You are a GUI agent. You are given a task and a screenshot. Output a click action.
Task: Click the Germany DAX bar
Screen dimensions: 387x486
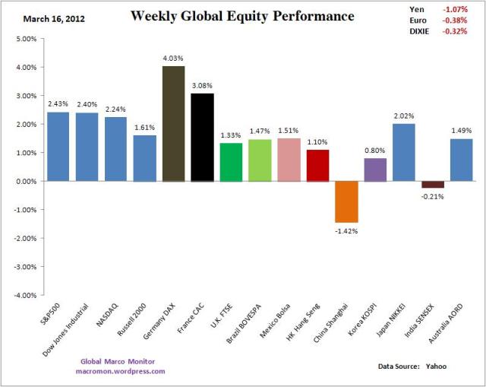click(174, 124)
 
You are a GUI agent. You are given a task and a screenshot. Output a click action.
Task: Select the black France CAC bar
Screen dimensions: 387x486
click(202, 138)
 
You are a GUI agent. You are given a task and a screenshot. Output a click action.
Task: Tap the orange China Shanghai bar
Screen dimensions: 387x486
click(346, 201)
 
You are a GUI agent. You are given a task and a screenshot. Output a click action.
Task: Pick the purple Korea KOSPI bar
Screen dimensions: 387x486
click(374, 170)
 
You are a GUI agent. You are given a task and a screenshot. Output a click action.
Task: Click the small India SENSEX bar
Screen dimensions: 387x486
click(432, 184)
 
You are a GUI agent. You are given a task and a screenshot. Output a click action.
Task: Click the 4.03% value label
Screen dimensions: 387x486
click(174, 58)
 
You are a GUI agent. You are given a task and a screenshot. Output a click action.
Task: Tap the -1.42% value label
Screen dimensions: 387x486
click(346, 230)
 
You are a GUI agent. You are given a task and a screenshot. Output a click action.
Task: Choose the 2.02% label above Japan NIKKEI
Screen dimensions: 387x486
click(403, 116)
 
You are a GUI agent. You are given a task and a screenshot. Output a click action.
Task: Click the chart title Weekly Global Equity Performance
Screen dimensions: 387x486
click(242, 16)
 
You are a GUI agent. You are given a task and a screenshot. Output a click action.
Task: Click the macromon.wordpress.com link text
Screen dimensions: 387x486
click(121, 371)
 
